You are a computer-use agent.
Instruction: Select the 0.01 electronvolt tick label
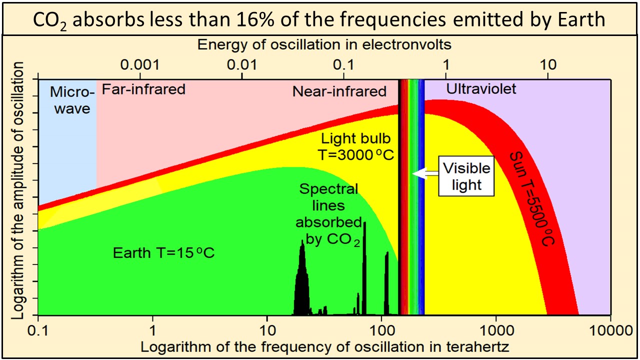pos(242,65)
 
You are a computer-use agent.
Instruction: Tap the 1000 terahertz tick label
pos(496,330)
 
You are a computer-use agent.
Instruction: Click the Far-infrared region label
pos(143,89)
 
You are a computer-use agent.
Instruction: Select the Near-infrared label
pos(339,91)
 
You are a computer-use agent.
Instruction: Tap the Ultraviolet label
pos(481,89)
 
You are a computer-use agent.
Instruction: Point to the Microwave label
pos(72,100)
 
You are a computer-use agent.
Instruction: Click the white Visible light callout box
pos(466,177)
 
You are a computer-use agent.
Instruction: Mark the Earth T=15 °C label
pos(163,252)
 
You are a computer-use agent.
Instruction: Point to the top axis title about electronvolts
pos(324,44)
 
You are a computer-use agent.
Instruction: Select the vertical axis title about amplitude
pos(18,191)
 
